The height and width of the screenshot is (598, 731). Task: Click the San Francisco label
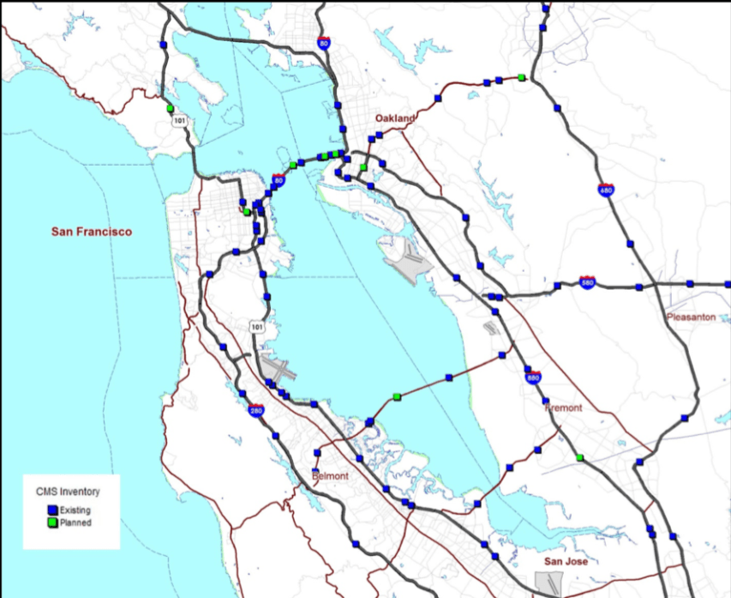[92, 232]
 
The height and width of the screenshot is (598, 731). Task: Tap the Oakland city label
[394, 118]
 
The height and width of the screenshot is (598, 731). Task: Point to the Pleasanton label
[691, 317]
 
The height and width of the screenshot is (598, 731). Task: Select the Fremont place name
[563, 408]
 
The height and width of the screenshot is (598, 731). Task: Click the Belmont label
[331, 475]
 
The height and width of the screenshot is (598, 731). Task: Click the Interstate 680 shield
[607, 191]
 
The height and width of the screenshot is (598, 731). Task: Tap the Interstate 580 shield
[587, 282]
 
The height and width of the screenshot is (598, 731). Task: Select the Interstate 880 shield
[532, 375]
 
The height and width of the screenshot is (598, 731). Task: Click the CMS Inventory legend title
[68, 492]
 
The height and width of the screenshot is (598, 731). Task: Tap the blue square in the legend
[51, 510]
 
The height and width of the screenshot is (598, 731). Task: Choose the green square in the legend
[51, 522]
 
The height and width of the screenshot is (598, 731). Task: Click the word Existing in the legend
[75, 510]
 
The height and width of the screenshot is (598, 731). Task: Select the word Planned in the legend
[75, 522]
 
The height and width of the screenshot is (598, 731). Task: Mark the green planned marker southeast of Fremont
[580, 458]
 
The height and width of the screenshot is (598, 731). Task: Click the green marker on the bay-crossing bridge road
[397, 396]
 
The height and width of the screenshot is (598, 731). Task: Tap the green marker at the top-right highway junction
[521, 78]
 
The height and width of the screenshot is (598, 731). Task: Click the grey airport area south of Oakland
[403, 254]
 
